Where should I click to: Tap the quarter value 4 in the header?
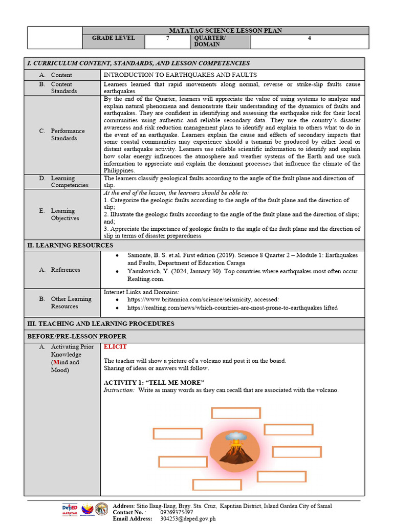(x=309, y=38)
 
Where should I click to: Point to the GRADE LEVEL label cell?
(x=114, y=38)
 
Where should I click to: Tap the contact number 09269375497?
(x=177, y=512)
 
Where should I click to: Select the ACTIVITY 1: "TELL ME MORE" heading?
(x=154, y=383)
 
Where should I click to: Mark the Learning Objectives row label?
(x=64, y=214)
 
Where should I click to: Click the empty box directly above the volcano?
(x=236, y=413)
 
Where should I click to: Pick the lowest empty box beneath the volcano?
(x=217, y=485)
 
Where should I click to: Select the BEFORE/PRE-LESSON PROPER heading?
(x=76, y=336)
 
